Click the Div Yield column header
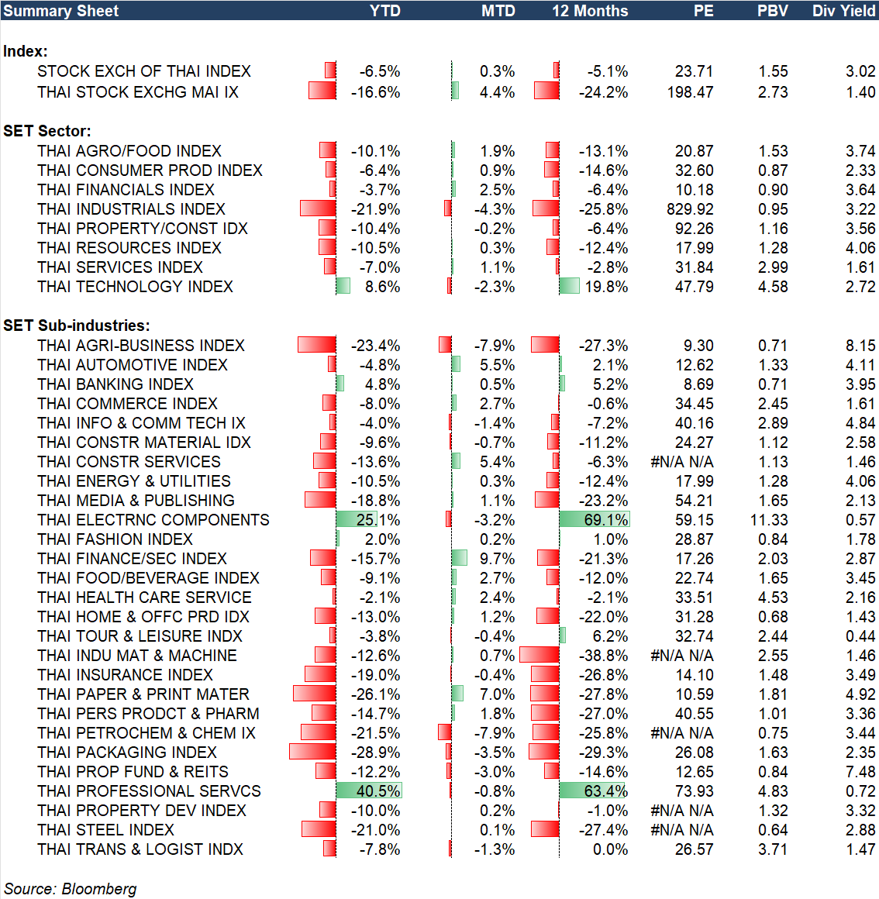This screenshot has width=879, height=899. [843, 11]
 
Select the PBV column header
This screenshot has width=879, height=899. [772, 11]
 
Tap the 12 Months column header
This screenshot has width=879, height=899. [590, 11]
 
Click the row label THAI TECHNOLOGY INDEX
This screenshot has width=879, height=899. [135, 287]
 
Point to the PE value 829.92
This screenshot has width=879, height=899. [689, 209]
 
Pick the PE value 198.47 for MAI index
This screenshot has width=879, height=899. [689, 92]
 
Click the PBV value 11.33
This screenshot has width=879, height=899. [769, 520]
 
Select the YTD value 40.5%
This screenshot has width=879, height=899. [378, 791]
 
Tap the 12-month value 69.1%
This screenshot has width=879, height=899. [605, 520]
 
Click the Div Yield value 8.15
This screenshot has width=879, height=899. [860, 346]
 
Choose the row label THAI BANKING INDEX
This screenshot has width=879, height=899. [115, 384]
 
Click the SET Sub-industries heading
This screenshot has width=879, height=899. [77, 325]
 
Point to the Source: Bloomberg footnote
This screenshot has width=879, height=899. [70, 889]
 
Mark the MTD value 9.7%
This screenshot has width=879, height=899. [497, 559]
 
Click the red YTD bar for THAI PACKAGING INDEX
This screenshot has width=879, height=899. [312, 753]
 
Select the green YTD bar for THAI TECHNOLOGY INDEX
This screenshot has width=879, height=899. [343, 287]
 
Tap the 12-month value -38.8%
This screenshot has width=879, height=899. [603, 656]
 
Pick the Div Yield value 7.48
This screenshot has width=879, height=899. [860, 772]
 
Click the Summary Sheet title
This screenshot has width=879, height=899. [61, 11]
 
